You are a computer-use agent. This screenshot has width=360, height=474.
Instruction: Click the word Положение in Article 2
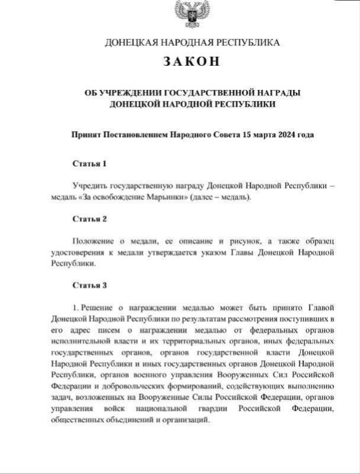93,242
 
